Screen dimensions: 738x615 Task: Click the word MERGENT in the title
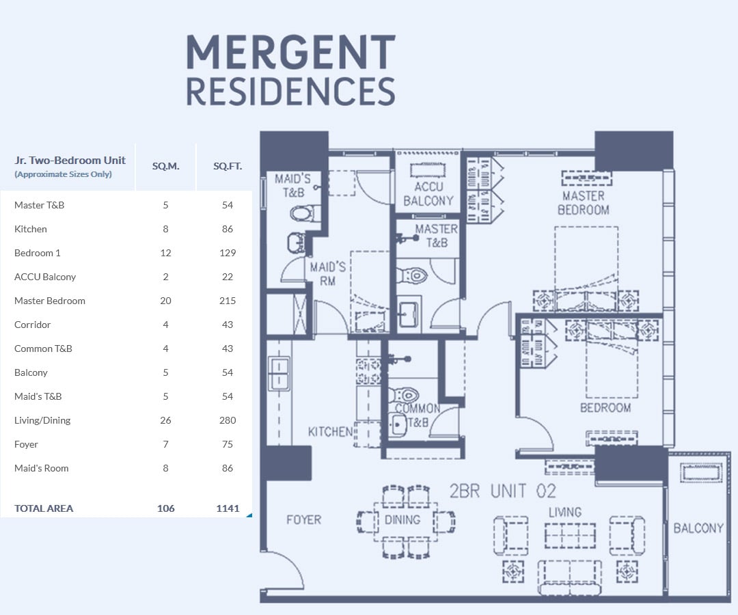[291, 52]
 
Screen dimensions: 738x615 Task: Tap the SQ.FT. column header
[228, 166]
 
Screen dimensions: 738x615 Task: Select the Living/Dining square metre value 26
[165, 420]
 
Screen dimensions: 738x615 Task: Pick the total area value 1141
[228, 508]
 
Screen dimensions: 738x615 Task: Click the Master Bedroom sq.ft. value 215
[228, 301]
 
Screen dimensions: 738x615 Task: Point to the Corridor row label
[33, 325]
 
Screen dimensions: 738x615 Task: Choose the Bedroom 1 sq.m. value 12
[165, 253]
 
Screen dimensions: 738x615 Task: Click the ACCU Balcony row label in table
[45, 277]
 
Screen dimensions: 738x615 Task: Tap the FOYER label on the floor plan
[303, 520]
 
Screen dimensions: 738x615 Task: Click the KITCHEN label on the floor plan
[331, 431]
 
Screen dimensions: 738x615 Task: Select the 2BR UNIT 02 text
[503, 491]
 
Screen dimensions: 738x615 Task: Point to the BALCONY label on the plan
[698, 528]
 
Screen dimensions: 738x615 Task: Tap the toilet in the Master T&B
[412, 275]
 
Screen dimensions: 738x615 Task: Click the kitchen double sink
[279, 374]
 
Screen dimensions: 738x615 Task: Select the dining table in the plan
[406, 522]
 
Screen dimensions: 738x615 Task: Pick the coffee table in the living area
[570, 536]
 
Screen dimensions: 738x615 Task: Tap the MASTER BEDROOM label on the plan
[583, 203]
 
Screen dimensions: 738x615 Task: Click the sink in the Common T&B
[398, 425]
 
